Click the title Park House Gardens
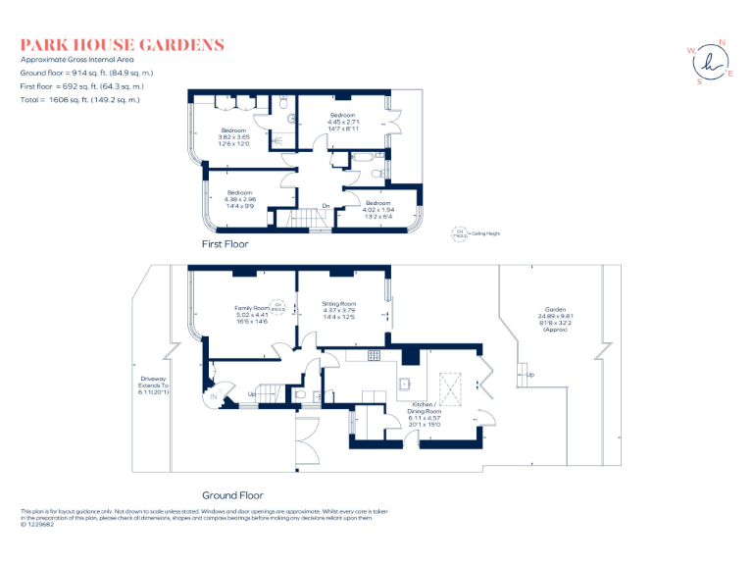click(x=123, y=45)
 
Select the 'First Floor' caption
click(x=226, y=243)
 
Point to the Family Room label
click(x=251, y=308)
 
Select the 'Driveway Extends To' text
click(x=153, y=385)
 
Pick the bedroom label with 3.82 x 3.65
click(x=233, y=130)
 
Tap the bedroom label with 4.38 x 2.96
click(x=241, y=192)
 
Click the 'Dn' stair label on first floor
click(x=326, y=206)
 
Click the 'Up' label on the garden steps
click(x=530, y=375)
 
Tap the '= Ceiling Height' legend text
click(x=483, y=233)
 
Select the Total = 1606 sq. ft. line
click(x=80, y=100)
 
